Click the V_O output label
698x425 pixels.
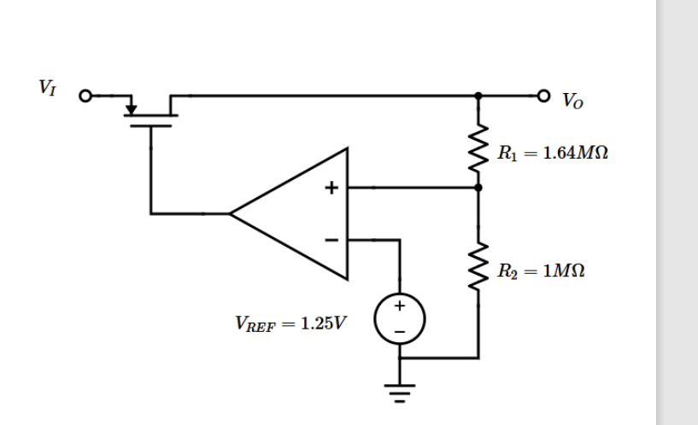[571, 102]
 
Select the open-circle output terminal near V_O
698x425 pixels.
[543, 96]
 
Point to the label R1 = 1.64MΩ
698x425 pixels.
[553, 154]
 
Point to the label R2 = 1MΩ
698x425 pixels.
[542, 271]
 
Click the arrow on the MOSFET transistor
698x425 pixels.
[131, 108]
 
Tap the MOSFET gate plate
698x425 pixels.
[151, 125]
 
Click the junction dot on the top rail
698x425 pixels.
[478, 96]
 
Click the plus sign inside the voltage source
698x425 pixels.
[399, 303]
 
